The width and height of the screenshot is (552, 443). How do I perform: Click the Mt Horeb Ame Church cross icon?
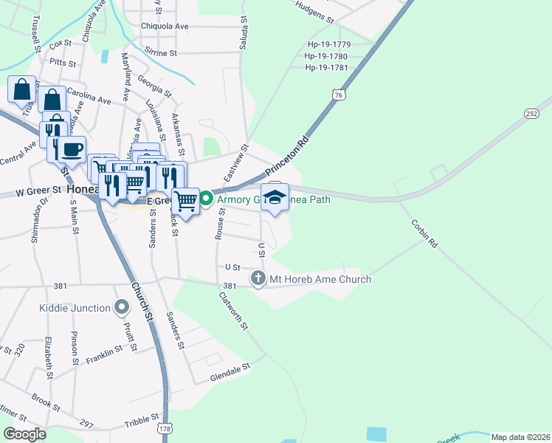coord(258,278)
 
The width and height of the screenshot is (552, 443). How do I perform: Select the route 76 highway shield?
coord(338,95)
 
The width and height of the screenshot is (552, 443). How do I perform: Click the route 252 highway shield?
coord(531,113)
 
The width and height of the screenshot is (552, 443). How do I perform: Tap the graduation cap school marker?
coord(275,197)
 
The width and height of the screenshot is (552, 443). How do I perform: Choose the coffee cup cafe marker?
coord(72,150)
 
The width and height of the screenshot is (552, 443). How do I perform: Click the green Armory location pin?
coord(207,198)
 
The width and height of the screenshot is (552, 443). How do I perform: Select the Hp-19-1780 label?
coord(326,56)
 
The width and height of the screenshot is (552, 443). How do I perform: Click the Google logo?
coord(24,433)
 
